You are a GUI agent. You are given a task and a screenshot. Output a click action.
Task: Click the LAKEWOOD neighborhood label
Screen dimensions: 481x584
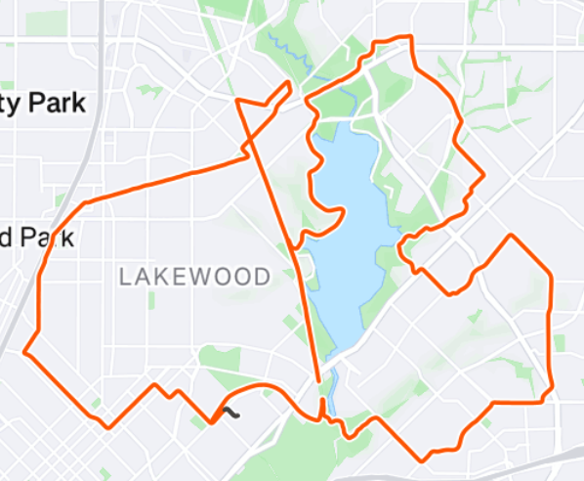194,277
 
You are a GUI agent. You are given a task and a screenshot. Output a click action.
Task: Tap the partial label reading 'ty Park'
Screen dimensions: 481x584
43,103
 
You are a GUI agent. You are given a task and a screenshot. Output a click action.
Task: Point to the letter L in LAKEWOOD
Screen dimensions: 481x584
125,277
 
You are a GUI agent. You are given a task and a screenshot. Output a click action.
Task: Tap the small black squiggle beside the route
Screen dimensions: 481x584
230,412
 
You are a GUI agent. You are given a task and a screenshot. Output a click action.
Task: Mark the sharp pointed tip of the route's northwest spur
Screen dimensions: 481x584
290,83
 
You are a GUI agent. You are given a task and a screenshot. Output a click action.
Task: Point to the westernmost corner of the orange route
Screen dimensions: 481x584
24,351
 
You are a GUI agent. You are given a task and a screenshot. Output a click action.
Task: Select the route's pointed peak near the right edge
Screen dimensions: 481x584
510,236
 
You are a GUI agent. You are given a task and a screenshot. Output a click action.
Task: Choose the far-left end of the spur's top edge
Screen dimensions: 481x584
238,100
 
